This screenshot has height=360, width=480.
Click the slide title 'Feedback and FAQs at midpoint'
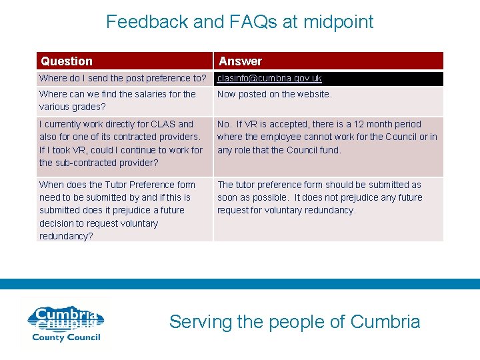(x=240, y=22)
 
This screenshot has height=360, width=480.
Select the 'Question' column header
(x=67, y=61)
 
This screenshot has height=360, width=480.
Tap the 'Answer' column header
(x=240, y=61)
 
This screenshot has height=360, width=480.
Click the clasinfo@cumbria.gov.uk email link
(x=269, y=79)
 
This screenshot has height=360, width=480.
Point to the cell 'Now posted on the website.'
(x=274, y=94)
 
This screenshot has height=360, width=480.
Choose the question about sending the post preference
(x=123, y=79)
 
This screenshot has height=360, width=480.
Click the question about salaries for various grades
(x=117, y=100)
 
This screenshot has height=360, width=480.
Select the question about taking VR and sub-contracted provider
(x=121, y=143)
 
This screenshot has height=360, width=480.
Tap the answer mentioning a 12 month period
(x=327, y=137)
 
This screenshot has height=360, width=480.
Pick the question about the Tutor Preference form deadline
(x=117, y=210)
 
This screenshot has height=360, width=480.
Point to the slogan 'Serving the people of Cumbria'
(x=295, y=322)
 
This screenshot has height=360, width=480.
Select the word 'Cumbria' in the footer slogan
(x=385, y=322)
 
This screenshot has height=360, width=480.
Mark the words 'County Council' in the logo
(x=66, y=337)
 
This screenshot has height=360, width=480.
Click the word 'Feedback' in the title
(x=147, y=22)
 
